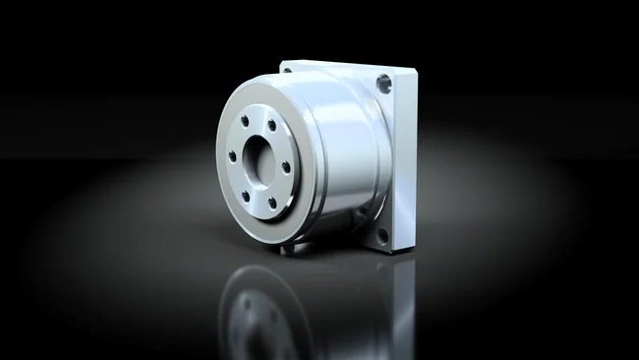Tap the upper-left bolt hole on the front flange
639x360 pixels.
244,121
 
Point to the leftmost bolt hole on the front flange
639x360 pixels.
232,155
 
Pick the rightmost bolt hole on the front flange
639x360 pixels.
286,167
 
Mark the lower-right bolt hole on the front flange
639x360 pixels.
271,202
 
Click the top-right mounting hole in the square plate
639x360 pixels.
383,86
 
